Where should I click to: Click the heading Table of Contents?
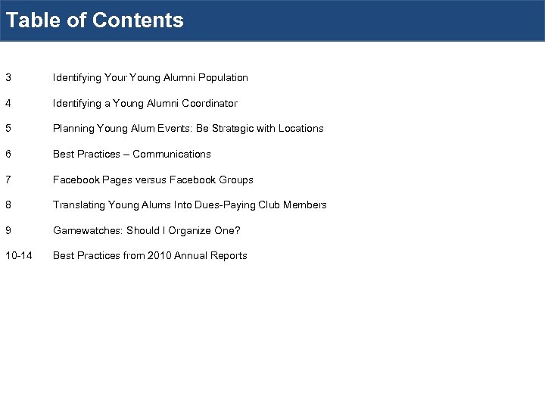pos(95,20)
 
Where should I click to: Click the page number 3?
pos(8,77)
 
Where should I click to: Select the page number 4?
pos(8,103)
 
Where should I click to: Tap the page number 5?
pos(8,128)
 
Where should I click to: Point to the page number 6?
pos(8,154)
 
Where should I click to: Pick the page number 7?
pos(8,180)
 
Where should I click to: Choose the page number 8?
pos(8,204)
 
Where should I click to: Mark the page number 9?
pos(8,230)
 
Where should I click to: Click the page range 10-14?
pos(18,255)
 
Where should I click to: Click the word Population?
pos(223,77)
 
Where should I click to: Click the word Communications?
pos(172,154)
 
